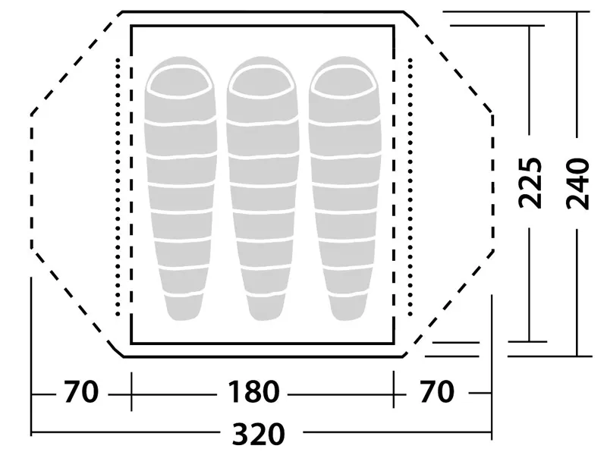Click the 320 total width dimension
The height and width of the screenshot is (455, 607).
tap(258, 433)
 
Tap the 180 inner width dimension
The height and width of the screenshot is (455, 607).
tap(253, 391)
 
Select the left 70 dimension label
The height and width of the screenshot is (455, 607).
tap(81, 391)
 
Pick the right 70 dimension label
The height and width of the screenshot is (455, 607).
tap(437, 391)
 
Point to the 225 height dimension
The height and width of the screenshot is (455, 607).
tap(530, 183)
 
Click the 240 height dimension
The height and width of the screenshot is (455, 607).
tap(577, 184)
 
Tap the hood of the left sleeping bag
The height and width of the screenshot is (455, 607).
tap(181, 82)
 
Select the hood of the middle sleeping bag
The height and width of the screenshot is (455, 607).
tap(263, 82)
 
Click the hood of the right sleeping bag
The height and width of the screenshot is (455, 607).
tap(344, 82)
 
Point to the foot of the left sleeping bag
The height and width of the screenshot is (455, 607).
tap(184, 308)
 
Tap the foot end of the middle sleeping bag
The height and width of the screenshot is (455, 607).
tap(266, 308)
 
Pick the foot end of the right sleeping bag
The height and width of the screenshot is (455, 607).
tap(348, 308)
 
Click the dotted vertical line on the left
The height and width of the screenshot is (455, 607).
tap(118, 187)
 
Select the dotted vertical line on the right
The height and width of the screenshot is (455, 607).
tap(410, 187)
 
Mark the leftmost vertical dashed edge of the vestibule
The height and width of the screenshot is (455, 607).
tap(31, 181)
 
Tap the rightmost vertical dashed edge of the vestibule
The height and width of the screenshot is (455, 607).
tap(492, 181)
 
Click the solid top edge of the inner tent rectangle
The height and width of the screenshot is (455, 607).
tap(263, 26)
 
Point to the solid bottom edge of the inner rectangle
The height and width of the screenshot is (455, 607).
tap(263, 343)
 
